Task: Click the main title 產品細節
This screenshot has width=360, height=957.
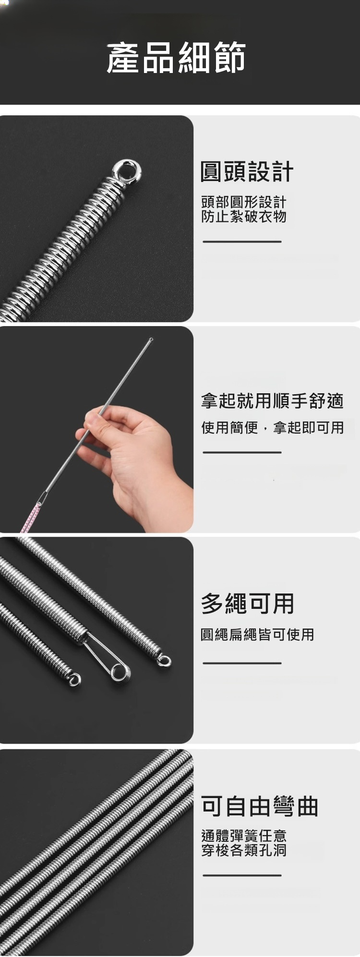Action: [x=176, y=58]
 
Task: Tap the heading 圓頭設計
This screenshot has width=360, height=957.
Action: [x=247, y=171]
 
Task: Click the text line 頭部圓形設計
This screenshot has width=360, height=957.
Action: [x=243, y=202]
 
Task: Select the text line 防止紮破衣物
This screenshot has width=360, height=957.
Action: [x=244, y=217]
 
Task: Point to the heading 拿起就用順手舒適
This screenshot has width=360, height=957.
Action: [x=272, y=400]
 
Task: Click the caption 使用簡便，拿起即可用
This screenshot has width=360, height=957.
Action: [x=272, y=427]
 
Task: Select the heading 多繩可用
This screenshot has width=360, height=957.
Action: [x=247, y=603]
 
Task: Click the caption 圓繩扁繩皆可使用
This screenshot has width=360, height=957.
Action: [x=257, y=634]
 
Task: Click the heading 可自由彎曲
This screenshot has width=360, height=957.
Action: [x=259, y=806]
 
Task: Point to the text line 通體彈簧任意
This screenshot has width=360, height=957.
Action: [x=244, y=836]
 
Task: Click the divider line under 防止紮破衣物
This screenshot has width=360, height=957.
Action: [x=242, y=242]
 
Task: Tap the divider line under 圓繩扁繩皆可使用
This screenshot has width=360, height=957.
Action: [x=242, y=663]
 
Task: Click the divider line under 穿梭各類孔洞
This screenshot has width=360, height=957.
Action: [x=242, y=875]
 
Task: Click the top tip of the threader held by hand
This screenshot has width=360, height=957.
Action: [x=151, y=339]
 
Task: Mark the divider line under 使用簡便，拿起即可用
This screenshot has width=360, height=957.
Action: [x=242, y=452]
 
